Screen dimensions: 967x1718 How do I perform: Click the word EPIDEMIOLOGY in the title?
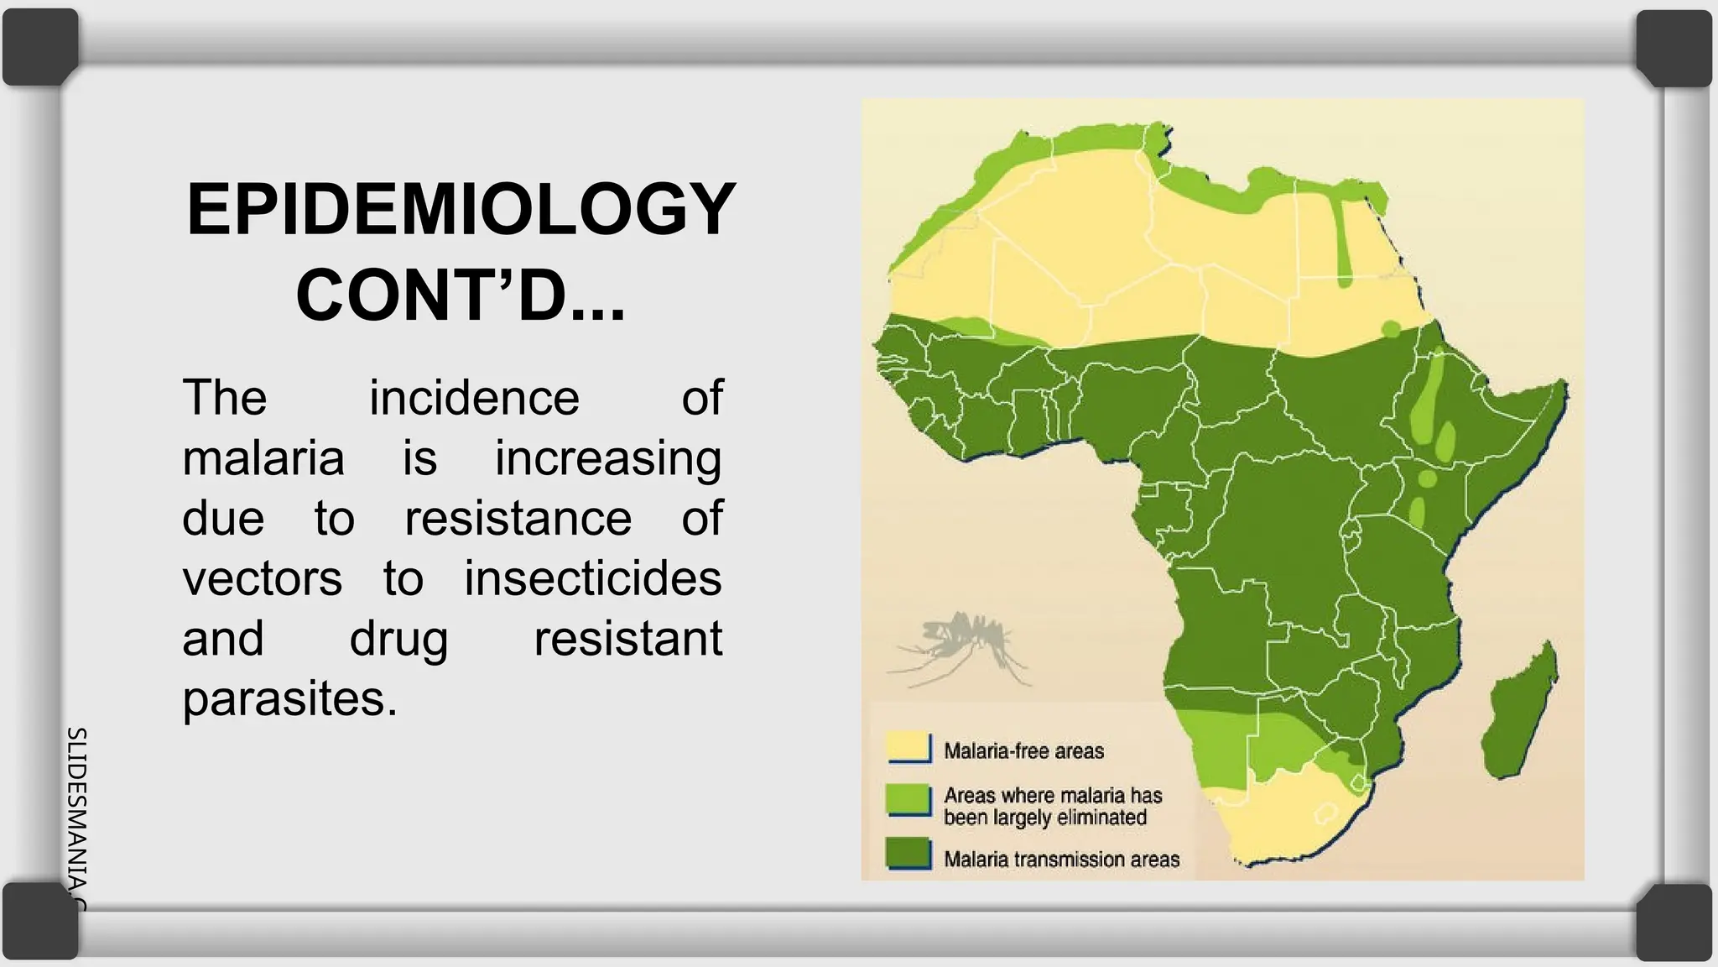461,210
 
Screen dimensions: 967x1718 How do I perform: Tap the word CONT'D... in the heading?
461,296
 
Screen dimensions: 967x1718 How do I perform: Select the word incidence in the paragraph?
474,398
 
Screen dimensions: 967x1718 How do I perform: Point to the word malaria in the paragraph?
263,458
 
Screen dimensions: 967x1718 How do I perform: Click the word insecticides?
593,578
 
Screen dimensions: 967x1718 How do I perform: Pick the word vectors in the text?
262,578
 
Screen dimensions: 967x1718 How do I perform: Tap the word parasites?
289,698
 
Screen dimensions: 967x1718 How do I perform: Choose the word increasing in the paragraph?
607,458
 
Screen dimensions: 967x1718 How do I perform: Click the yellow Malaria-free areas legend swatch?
908,747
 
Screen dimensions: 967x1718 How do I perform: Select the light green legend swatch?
908,800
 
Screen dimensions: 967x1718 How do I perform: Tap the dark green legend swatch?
908,854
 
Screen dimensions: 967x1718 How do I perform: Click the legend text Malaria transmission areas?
1061,860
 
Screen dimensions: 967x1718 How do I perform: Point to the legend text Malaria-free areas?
1023,750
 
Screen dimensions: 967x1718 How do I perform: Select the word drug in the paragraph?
398,639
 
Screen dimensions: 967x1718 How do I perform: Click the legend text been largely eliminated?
1044,818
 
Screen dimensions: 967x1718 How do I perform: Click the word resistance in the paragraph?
518,518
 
